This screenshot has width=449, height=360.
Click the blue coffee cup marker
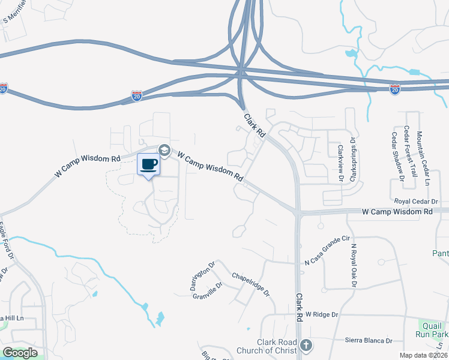click(149, 164)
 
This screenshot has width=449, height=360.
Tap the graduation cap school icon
click(163, 150)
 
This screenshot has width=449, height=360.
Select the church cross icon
click(306, 345)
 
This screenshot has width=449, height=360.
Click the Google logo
click(20, 353)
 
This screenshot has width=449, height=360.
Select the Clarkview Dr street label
click(340, 163)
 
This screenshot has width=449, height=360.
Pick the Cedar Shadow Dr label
click(398, 156)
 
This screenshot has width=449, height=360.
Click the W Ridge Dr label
click(322, 314)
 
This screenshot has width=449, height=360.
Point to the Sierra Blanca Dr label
click(369, 340)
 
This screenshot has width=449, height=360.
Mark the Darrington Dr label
click(202, 276)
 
